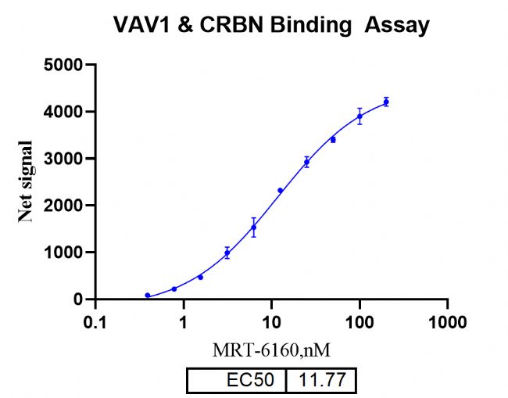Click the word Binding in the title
[x=313, y=25]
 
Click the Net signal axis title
[x=27, y=181]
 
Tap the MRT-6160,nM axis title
[x=270, y=350]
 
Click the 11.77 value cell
[x=322, y=381]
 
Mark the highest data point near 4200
[x=386, y=102]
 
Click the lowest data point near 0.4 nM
[x=148, y=296]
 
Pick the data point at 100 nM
[x=360, y=117]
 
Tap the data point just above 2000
[x=280, y=191]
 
